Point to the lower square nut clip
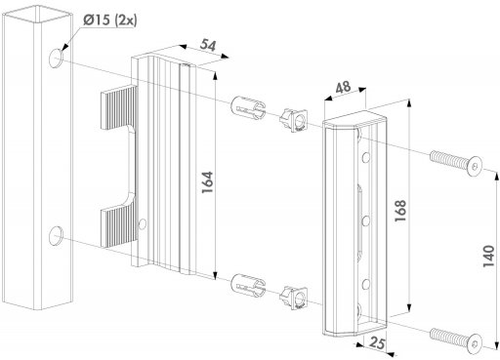click(294, 297)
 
